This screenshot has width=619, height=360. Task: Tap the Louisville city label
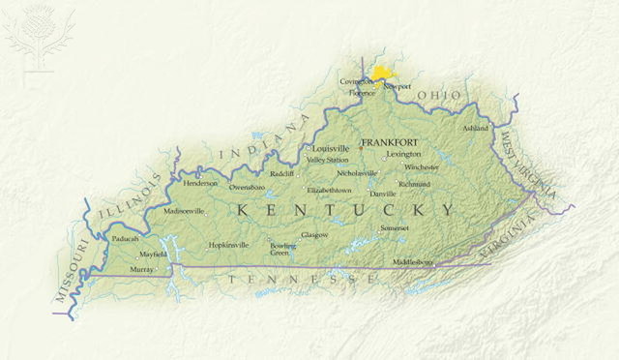[331, 149]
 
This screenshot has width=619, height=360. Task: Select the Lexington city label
[403, 154]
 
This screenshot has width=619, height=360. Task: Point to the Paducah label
[126, 238]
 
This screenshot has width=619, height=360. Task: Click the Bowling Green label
[283, 249]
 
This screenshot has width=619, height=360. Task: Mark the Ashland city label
[476, 128]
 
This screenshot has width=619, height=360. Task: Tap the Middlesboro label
[414, 262]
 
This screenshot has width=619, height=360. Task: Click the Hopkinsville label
[229, 245]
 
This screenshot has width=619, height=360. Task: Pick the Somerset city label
[395, 227]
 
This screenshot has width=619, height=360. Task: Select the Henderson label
[200, 182]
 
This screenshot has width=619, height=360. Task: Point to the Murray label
[141, 269]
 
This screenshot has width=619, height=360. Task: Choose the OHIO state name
[440, 95]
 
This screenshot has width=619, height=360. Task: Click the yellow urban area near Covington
[385, 74]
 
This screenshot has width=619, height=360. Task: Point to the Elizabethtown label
[329, 191]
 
